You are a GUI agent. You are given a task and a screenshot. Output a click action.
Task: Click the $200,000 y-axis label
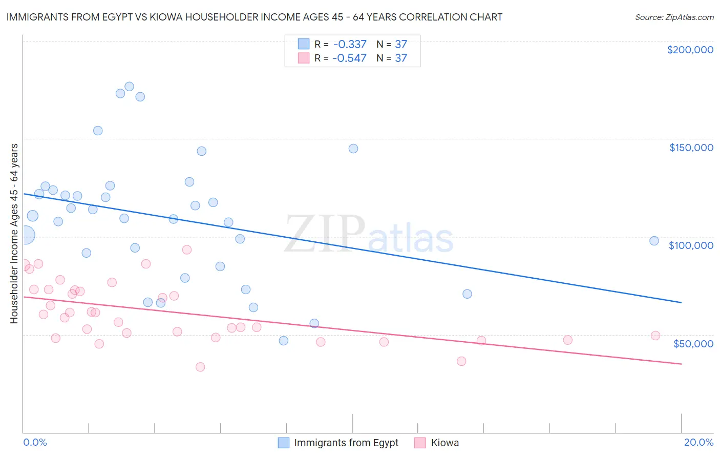pyautogui.click(x=690, y=50)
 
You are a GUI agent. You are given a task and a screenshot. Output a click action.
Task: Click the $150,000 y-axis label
pyautogui.click(x=691, y=148)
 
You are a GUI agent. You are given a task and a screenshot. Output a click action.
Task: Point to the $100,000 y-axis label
pyautogui.click(x=691, y=245)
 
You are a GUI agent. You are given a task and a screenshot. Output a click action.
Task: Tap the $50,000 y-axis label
pyautogui.click(x=693, y=343)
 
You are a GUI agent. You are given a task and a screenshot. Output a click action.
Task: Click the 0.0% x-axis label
pyautogui.click(x=35, y=442)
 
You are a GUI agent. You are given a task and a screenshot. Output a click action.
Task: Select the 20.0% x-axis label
pyautogui.click(x=698, y=442)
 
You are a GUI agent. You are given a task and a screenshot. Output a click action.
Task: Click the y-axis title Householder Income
pyautogui.click(x=14, y=233)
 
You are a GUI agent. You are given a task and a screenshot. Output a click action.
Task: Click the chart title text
pyautogui.click(x=254, y=17)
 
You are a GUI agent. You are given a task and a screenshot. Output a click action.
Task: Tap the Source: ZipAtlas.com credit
pyautogui.click(x=674, y=17)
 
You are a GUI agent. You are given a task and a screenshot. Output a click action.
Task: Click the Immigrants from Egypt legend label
pyautogui.click(x=346, y=443)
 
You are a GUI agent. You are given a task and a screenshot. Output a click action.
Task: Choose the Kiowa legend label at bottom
pyautogui.click(x=444, y=443)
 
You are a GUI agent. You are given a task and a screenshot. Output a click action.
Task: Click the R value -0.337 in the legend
pyautogui.click(x=349, y=44)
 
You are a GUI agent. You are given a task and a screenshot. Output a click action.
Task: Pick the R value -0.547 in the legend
pyautogui.click(x=349, y=58)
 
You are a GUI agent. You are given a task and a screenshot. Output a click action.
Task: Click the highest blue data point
pyautogui.click(x=129, y=87)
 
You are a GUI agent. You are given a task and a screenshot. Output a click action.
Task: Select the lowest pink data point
pyautogui.click(x=200, y=367)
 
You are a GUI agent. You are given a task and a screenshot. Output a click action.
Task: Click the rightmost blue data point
pyautogui.click(x=654, y=241)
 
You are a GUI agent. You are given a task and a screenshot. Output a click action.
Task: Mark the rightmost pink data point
pyautogui.click(x=655, y=336)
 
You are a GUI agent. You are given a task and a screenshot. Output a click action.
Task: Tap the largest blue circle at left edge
pyautogui.click(x=26, y=235)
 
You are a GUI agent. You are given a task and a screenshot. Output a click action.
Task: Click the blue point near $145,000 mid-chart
pyautogui.click(x=353, y=149)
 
